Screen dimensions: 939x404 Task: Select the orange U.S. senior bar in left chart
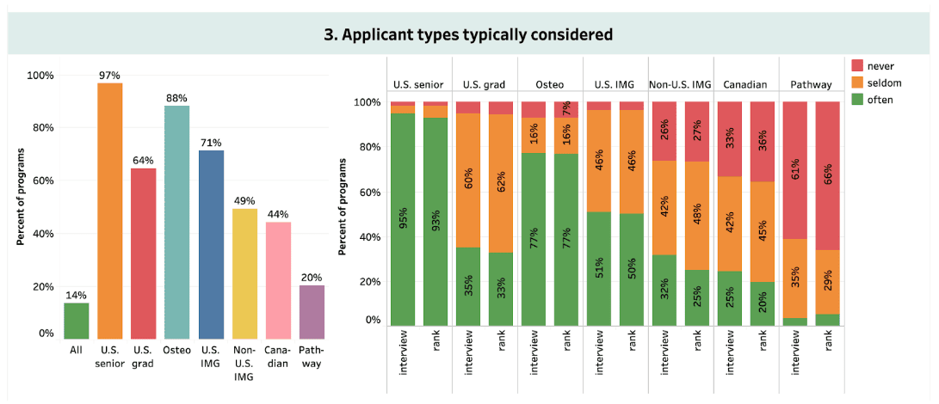[109, 211]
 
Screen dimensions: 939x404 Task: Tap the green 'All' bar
[77, 321]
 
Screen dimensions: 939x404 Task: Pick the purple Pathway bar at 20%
[312, 312]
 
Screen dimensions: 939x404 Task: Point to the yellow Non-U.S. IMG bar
[245, 273]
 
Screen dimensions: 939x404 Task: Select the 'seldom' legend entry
[878, 83]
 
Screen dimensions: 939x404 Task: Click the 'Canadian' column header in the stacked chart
[746, 85]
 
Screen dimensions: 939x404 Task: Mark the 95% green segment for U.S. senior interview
[403, 220]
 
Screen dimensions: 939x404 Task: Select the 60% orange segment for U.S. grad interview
[468, 181]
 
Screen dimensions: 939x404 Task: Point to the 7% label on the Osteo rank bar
[566, 109]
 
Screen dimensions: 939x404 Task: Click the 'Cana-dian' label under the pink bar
[278, 356]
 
